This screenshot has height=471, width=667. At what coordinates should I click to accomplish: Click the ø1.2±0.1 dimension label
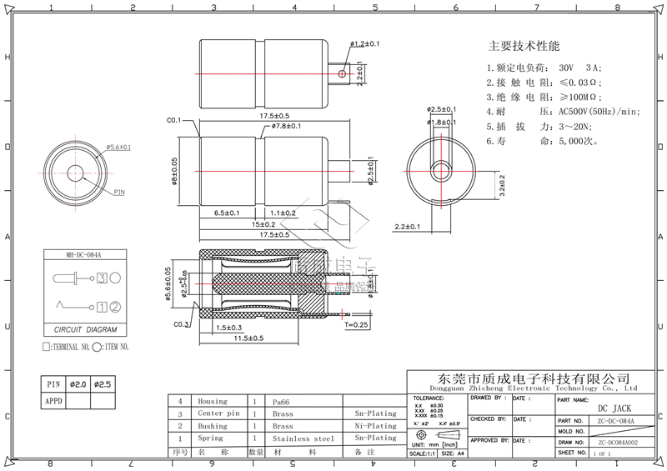365,43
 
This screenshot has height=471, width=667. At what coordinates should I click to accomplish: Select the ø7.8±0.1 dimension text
286,127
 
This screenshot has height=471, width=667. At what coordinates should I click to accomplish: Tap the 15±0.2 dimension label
266,224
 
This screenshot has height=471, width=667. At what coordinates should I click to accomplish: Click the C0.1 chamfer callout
174,121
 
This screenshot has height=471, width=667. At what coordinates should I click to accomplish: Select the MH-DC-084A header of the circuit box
83,254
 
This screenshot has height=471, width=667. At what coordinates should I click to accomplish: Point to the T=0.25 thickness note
354,324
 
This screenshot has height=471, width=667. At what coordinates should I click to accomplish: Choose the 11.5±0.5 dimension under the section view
248,339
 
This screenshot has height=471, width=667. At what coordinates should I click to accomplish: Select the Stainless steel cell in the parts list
303,438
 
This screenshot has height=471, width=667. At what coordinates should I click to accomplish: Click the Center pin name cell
218,413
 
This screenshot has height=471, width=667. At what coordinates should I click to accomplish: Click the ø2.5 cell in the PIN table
103,384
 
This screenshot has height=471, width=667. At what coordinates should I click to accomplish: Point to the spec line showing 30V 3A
546,67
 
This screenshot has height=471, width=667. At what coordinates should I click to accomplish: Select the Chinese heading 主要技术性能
524,46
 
